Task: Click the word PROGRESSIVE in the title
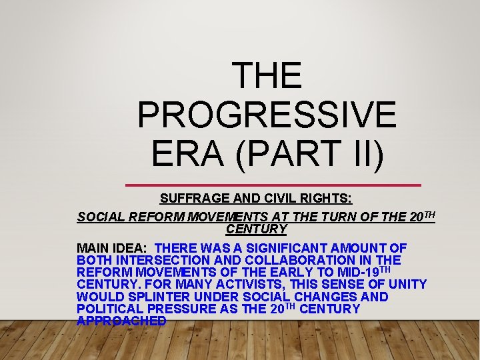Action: point(267,114)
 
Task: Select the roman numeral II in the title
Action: point(366,153)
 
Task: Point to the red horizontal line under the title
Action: point(273,185)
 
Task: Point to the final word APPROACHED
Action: point(122,321)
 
